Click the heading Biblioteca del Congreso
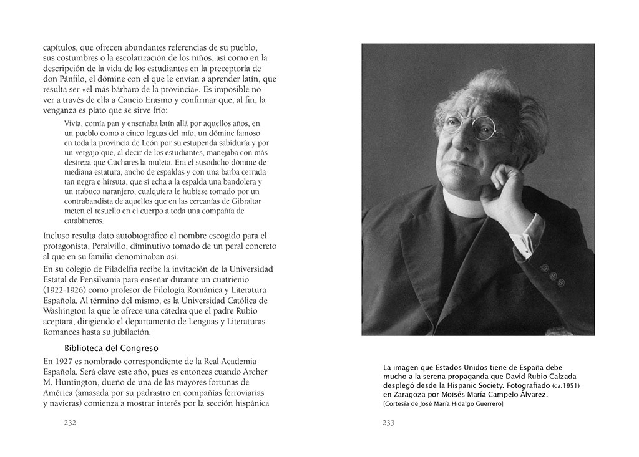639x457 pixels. [111, 347]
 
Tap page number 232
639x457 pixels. [69, 423]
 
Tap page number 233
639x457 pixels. [388, 423]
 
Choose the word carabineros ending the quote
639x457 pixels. [85, 221]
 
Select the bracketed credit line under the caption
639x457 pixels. [443, 404]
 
